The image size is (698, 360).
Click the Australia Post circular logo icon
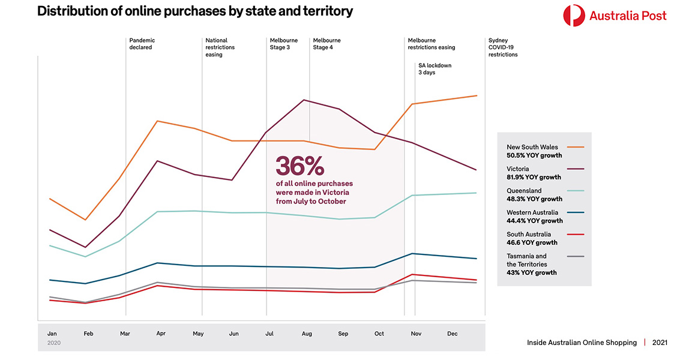574,15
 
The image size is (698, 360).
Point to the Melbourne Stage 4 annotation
326,44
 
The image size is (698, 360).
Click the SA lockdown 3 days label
435,68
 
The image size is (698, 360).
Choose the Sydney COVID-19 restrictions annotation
503,47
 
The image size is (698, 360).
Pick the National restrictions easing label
220,47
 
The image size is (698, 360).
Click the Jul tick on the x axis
269,334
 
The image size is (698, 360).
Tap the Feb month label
88,334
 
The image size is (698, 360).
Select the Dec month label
453,334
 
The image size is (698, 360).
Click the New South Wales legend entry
532,147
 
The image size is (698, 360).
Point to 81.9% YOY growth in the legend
534,177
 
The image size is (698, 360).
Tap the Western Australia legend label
532,212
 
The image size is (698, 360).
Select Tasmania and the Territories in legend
526,260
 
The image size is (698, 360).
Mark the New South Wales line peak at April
157,121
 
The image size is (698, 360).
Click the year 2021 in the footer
660,343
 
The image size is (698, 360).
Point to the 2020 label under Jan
53,343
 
